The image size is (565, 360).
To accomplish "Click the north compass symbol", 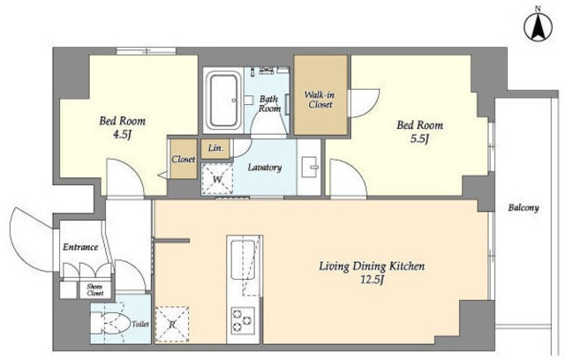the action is tap(539, 26).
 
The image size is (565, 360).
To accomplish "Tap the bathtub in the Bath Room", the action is tap(223, 101).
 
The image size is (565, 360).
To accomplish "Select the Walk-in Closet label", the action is tap(320, 100).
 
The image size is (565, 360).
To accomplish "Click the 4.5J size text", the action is tap(122, 135).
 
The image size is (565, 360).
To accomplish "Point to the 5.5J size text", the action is tap(419, 139).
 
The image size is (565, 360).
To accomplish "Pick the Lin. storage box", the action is tap(215, 149).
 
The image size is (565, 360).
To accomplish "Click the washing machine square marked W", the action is tap(217, 179).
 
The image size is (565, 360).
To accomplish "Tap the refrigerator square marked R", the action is tap(172, 324).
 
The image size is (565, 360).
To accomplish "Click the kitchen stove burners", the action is tap(243, 319).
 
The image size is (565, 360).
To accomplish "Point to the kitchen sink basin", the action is tap(243, 259).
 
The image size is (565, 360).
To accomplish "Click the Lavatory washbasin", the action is tap(310, 167).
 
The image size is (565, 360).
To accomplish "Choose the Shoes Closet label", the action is tap(94, 289).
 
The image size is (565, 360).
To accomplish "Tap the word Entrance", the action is tap(80, 247).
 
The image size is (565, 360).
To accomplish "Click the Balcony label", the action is tap(524, 207).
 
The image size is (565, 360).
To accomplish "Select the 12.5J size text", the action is tap(372, 279).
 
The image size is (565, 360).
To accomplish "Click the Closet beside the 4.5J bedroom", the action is tap(184, 159).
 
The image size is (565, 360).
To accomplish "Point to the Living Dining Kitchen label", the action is tap(372, 266).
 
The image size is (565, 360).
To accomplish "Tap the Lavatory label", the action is tap(265, 168).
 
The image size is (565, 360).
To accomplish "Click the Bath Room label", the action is tap(269, 103).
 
